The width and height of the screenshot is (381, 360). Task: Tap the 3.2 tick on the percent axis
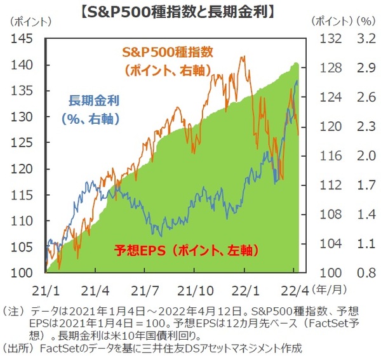364,39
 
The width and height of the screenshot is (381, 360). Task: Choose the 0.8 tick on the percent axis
364,273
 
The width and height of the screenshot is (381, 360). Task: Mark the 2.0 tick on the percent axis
364,156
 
